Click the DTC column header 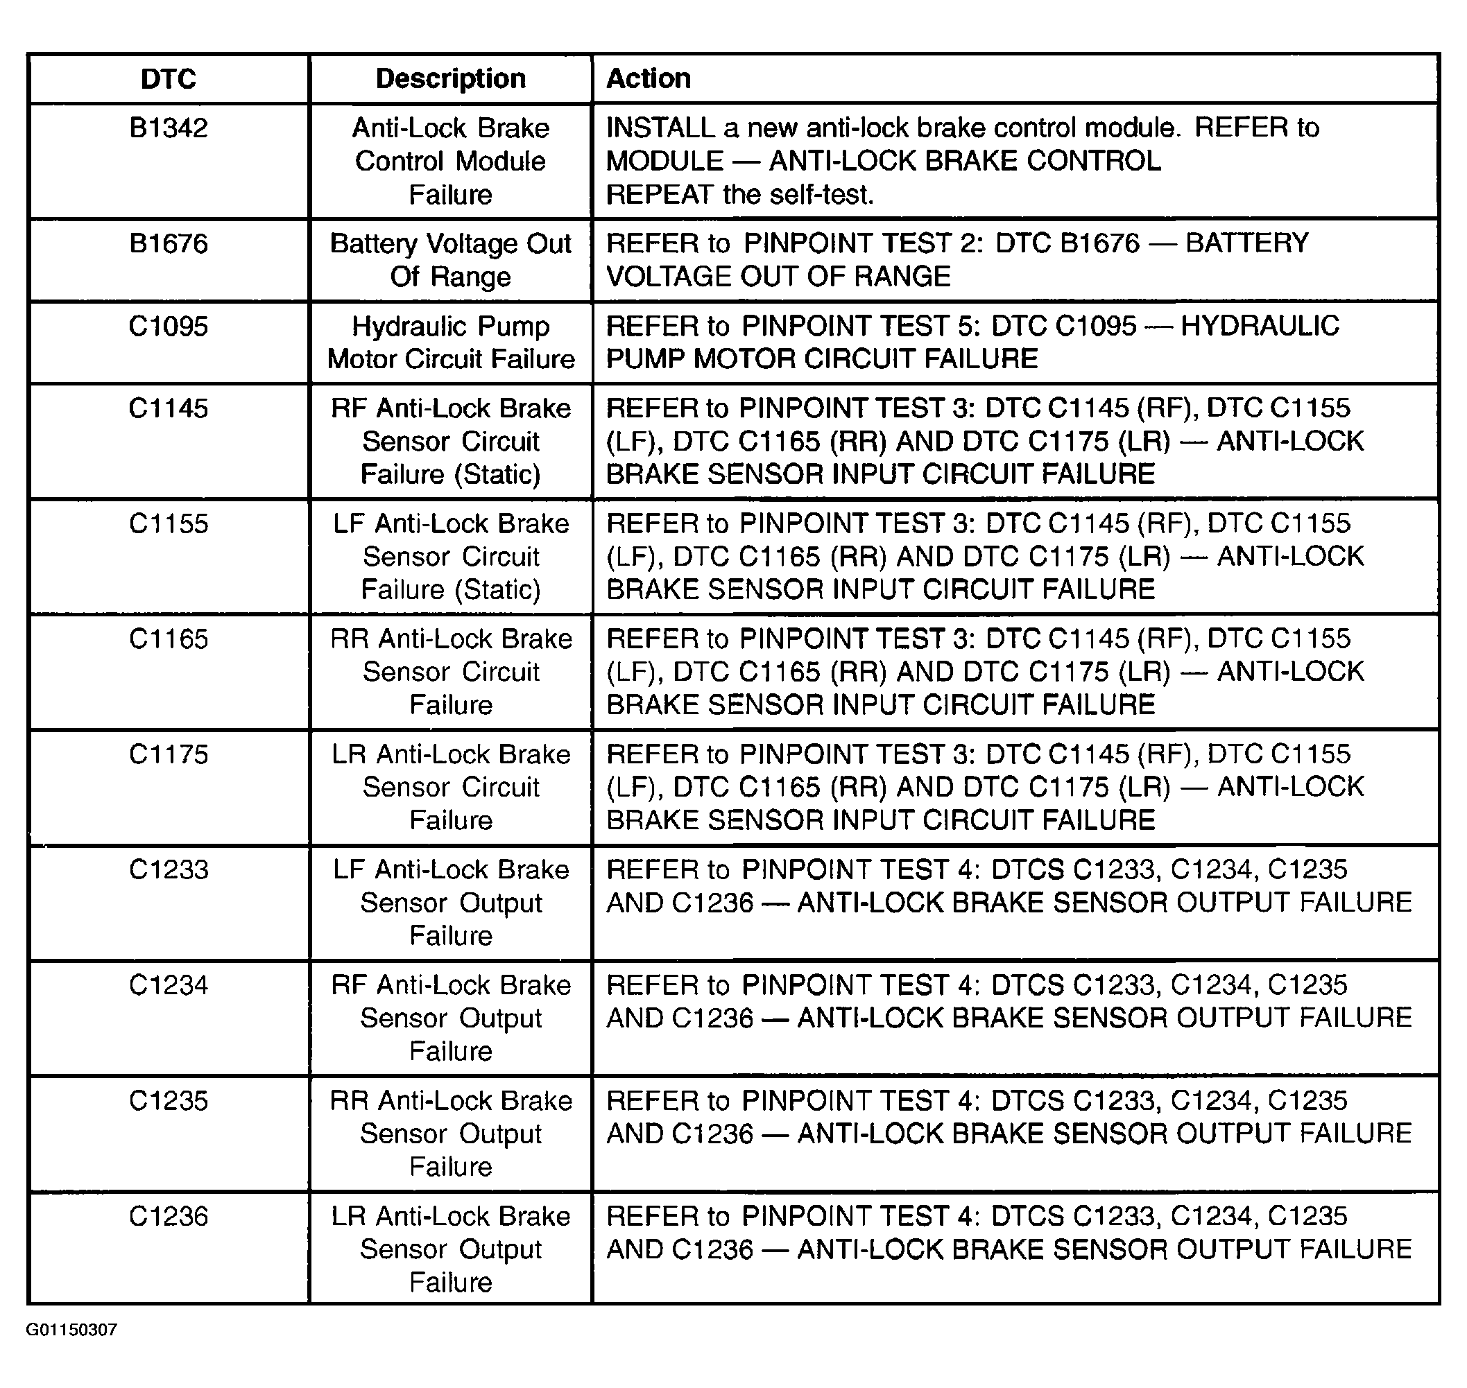click(x=168, y=78)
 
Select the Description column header click(x=451, y=78)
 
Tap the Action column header click(x=649, y=78)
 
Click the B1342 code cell click(x=168, y=128)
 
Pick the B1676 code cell click(x=168, y=243)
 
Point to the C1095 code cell click(x=168, y=327)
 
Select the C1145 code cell click(x=168, y=408)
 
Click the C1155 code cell click(x=168, y=524)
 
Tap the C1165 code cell click(x=168, y=639)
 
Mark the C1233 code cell click(x=168, y=870)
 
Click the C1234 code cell click(x=168, y=985)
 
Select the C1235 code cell click(x=168, y=1101)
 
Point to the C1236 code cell click(x=168, y=1216)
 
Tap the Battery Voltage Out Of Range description click(x=451, y=260)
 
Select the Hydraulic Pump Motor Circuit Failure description click(x=451, y=342)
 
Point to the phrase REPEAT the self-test click(x=739, y=195)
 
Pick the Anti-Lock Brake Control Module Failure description click(x=451, y=162)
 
